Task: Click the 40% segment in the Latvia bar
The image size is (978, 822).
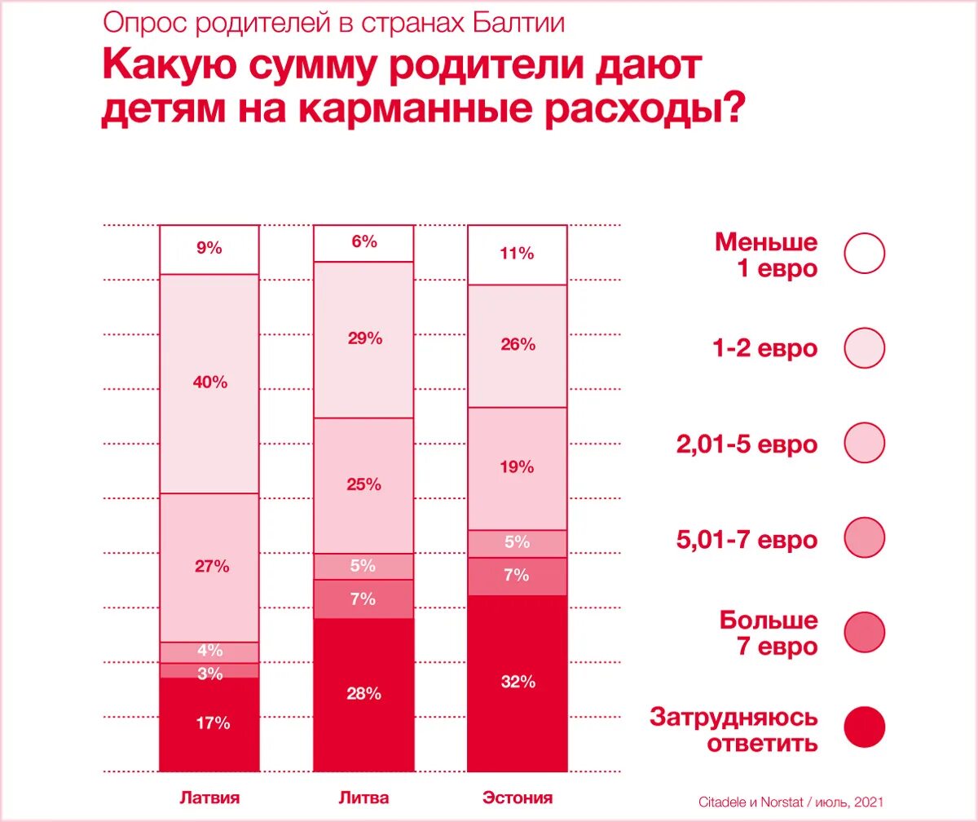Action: coord(209,382)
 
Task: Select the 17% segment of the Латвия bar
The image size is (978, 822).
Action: coord(209,723)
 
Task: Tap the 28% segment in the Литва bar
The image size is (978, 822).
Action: coord(363,694)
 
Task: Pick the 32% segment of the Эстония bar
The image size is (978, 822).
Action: coord(518,683)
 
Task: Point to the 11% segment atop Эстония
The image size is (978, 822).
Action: coord(518,254)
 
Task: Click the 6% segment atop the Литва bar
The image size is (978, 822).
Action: coord(363,242)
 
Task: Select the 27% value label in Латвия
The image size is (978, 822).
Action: coord(211,567)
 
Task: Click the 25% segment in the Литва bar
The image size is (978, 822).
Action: coord(363,485)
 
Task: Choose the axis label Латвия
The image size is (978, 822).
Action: coord(209,798)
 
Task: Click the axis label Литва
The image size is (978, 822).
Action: coord(363,798)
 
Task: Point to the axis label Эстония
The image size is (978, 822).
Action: coord(518,798)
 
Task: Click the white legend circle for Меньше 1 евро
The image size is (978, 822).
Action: coord(864,253)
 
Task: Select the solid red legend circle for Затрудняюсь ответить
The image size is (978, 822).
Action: coord(864,728)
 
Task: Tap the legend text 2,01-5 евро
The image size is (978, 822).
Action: coord(746,444)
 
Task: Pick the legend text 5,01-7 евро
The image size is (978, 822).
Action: coord(746,539)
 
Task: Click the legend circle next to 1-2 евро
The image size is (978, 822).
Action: coord(864,348)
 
